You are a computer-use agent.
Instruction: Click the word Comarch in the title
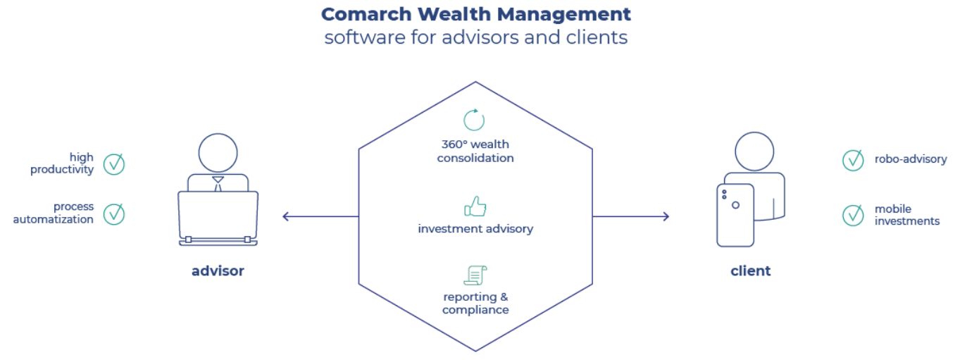pyautogui.click(x=366, y=14)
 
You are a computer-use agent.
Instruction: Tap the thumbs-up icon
pyautogui.click(x=475, y=206)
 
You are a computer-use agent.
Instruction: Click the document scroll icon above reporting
pyautogui.click(x=475, y=275)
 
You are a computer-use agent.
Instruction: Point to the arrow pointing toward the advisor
pyautogui.click(x=320, y=216)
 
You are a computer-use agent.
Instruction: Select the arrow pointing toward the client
pyautogui.click(x=631, y=216)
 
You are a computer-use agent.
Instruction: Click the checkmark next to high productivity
pyautogui.click(x=114, y=164)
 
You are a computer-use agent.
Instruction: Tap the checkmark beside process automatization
pyautogui.click(x=114, y=214)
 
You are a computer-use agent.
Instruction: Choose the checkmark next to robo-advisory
pyautogui.click(x=853, y=160)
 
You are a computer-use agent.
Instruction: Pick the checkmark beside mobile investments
pyautogui.click(x=853, y=215)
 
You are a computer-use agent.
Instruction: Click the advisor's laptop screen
pyautogui.click(x=218, y=214)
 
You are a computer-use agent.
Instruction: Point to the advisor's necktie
pyautogui.click(x=218, y=183)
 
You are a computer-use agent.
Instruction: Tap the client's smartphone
pyautogui.click(x=735, y=216)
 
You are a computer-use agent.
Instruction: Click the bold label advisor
pyautogui.click(x=218, y=271)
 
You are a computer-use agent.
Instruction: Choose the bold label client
pyautogui.click(x=750, y=271)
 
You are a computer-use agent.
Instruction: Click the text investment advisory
pyautogui.click(x=475, y=229)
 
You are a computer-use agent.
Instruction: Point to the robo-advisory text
pyautogui.click(x=911, y=159)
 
